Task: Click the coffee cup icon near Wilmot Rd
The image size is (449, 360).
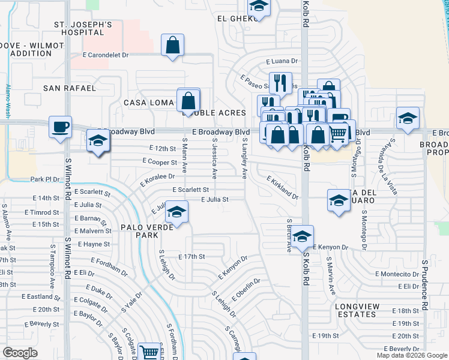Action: pos(60,127)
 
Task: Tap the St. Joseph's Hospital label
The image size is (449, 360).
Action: pos(83,29)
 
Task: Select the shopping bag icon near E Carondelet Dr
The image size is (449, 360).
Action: pos(172,45)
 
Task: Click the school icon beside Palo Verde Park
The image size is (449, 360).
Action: pos(176,212)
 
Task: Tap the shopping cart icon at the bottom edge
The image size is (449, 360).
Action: pos(149,352)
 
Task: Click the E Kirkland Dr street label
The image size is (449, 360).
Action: pos(283,188)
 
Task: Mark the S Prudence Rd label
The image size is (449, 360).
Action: pos(424,284)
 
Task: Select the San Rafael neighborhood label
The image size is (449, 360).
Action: pos(70,88)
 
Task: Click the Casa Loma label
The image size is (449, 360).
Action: pos(149,103)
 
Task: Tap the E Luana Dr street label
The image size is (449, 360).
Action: pos(282,61)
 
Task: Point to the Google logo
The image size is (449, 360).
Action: pos(20,353)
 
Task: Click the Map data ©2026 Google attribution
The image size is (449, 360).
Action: pos(412,355)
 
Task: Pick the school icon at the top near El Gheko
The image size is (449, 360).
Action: pos(259,6)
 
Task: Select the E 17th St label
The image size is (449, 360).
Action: pos(192,256)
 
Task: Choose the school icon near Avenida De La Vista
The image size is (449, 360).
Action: pos(408,118)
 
